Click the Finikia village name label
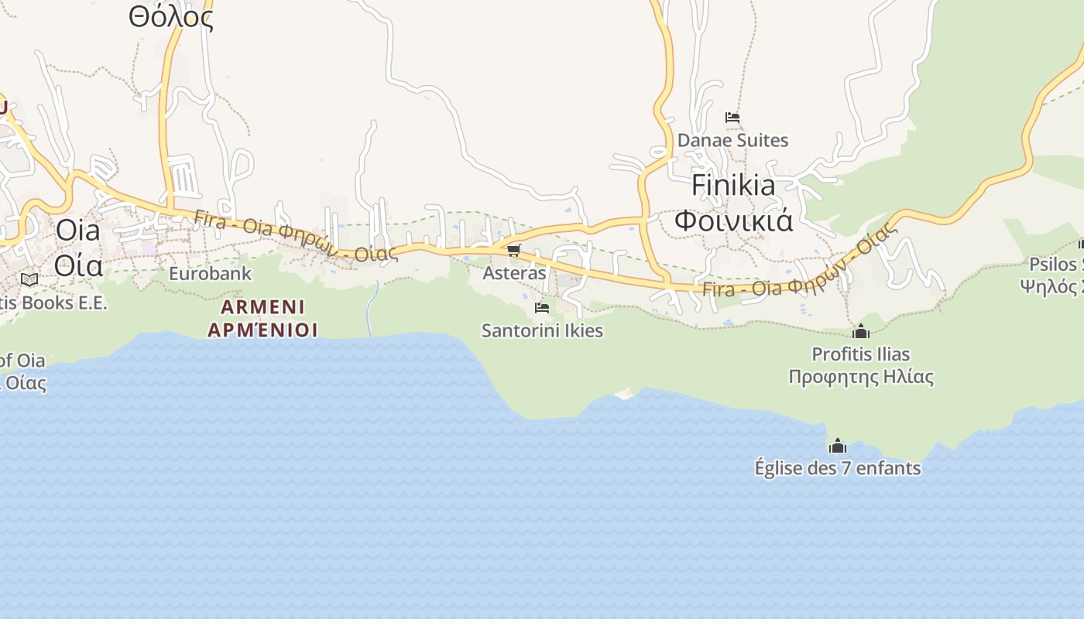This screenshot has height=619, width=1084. (x=732, y=186)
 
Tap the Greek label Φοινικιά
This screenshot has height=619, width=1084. (x=732, y=221)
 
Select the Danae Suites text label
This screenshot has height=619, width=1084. (x=732, y=140)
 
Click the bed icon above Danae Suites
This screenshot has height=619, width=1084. (x=732, y=118)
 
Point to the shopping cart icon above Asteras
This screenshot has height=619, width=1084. (x=513, y=250)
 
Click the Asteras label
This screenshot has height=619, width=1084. (x=514, y=273)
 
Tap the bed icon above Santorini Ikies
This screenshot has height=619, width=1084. (x=542, y=307)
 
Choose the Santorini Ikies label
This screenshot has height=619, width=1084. (x=542, y=330)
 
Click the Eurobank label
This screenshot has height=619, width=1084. (x=210, y=273)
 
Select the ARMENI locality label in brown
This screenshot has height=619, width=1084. (x=262, y=306)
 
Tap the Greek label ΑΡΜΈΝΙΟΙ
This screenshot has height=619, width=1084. (x=262, y=330)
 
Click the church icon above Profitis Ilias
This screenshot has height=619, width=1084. (x=860, y=331)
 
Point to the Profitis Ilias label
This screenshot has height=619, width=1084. (x=860, y=354)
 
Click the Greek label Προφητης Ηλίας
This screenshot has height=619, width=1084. (x=860, y=377)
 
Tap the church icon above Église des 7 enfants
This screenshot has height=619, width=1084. (x=837, y=446)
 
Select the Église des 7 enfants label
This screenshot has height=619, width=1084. (x=837, y=468)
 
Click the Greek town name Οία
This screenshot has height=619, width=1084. (x=78, y=265)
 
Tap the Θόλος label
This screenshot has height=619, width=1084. (x=170, y=17)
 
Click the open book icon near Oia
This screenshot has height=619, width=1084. (x=29, y=279)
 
